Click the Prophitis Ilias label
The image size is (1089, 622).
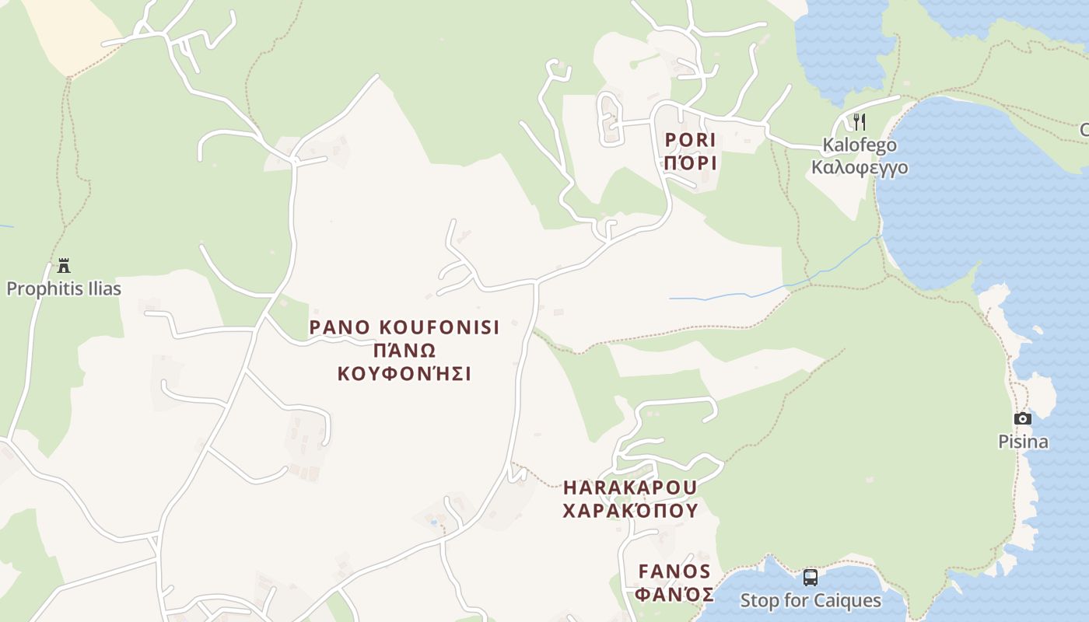click(64, 289)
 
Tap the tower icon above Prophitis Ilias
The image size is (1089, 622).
click(64, 266)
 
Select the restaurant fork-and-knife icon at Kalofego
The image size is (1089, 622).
click(859, 122)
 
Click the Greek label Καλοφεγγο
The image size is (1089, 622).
click(859, 168)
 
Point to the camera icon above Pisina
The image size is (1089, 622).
click(1023, 419)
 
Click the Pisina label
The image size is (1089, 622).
click(1023, 442)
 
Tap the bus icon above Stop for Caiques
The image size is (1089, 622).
click(810, 577)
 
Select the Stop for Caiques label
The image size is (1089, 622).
click(810, 601)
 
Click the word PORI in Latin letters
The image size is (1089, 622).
click(689, 141)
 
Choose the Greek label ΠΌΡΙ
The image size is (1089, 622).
click(689, 163)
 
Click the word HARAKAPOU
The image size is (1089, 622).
click(630, 488)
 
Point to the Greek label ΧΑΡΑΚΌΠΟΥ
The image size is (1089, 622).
click(630, 511)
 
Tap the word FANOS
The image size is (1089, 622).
click(674, 572)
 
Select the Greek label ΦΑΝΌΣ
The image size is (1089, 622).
click(674, 595)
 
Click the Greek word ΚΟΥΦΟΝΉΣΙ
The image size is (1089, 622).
click(404, 374)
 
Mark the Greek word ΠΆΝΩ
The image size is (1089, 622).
click(404, 351)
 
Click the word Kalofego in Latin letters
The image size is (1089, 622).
click(859, 145)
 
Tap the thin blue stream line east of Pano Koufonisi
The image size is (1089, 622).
click(747, 295)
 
